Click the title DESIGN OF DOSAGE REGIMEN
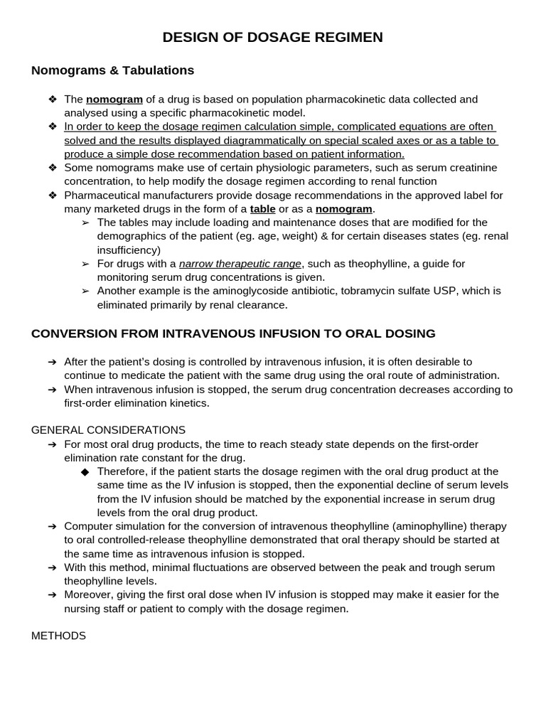tap(272, 38)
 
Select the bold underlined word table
tap(262, 209)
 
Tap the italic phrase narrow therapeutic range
tap(240, 264)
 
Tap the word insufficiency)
tap(129, 250)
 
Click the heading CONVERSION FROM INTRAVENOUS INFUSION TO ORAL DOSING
tap(233, 333)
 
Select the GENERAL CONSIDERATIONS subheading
tap(108, 430)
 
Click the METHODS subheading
tap(58, 636)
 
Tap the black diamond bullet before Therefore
tap(85, 472)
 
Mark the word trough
tap(426, 567)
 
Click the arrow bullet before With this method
tap(53, 567)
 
